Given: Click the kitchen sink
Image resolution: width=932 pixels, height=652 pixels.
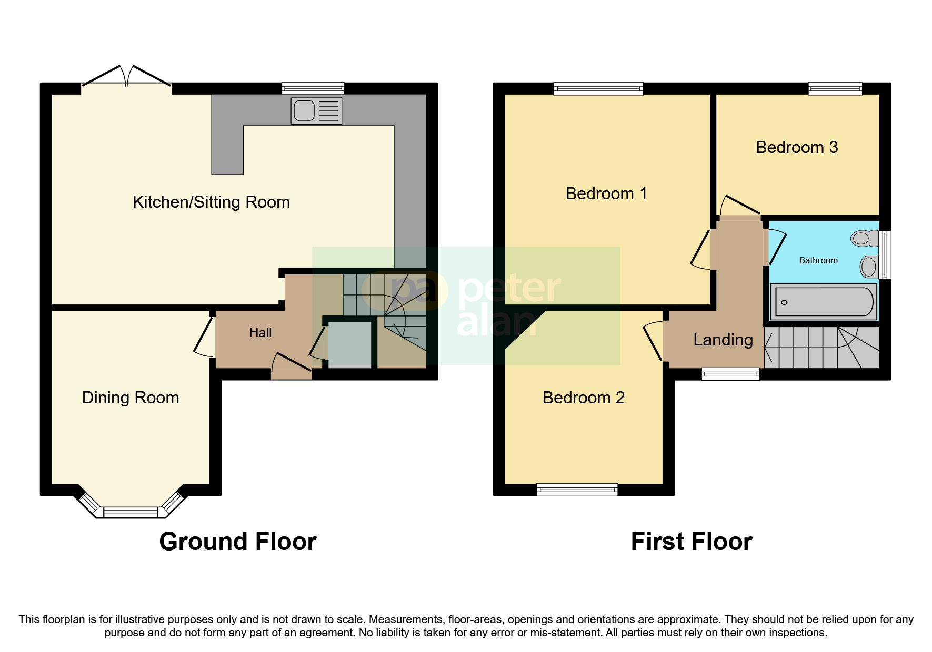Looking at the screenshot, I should point(316,111).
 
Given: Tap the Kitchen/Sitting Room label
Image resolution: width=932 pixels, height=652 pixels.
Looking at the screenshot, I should point(211,202).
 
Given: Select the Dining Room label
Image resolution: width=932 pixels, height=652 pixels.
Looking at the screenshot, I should point(131,398).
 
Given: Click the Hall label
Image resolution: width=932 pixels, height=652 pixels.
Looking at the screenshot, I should point(260,332).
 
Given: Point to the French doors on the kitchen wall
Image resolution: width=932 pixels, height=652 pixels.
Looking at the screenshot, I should point(126,79).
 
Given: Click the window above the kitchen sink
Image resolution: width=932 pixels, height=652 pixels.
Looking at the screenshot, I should point(313,88).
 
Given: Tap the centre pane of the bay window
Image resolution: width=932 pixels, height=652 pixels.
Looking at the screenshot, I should point(131,511).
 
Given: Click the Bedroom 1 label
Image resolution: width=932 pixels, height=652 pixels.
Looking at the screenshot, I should point(606,193).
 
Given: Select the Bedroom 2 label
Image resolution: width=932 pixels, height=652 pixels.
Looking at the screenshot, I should point(583,398).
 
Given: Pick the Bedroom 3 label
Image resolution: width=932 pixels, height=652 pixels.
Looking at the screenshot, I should point(796,147).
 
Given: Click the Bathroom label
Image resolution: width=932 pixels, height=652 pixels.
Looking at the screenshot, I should point(818,260).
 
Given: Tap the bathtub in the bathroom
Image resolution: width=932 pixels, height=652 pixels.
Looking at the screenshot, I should point(824,302).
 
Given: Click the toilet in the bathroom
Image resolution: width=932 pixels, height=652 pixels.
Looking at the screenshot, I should point(864,239).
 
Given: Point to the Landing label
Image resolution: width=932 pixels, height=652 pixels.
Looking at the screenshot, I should point(723,340).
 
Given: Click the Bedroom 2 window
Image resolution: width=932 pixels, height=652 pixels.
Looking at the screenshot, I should point(577,490).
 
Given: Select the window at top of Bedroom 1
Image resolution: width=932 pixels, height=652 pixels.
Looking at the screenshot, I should point(598,88).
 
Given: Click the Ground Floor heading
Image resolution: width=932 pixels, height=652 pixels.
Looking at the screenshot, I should point(237,542).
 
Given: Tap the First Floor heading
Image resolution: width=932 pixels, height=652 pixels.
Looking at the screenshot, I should point(691,542).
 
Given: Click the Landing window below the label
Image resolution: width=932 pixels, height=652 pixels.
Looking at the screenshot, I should point(730,374).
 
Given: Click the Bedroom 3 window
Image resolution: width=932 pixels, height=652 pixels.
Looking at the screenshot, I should point(835,88).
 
